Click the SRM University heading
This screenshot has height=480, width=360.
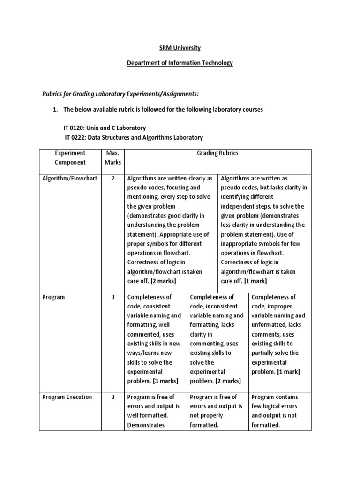(180, 48)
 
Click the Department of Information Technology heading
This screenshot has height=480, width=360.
(180, 63)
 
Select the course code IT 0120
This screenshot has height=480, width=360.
(75, 128)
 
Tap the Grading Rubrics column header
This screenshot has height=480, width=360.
(218, 153)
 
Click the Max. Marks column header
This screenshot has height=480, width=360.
(112, 157)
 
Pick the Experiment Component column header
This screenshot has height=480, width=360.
(70, 157)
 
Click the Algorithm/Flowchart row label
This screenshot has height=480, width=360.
(70, 179)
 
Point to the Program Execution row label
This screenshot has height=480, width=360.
(67, 397)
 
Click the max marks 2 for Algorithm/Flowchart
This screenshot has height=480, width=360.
(112, 179)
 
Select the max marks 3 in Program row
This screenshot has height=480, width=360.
(112, 297)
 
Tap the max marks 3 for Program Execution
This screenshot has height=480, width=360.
(112, 397)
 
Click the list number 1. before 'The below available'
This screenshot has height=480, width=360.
(55, 109)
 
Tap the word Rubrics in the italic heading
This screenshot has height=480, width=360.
(54, 94)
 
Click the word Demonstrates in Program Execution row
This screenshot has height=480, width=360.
(145, 425)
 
